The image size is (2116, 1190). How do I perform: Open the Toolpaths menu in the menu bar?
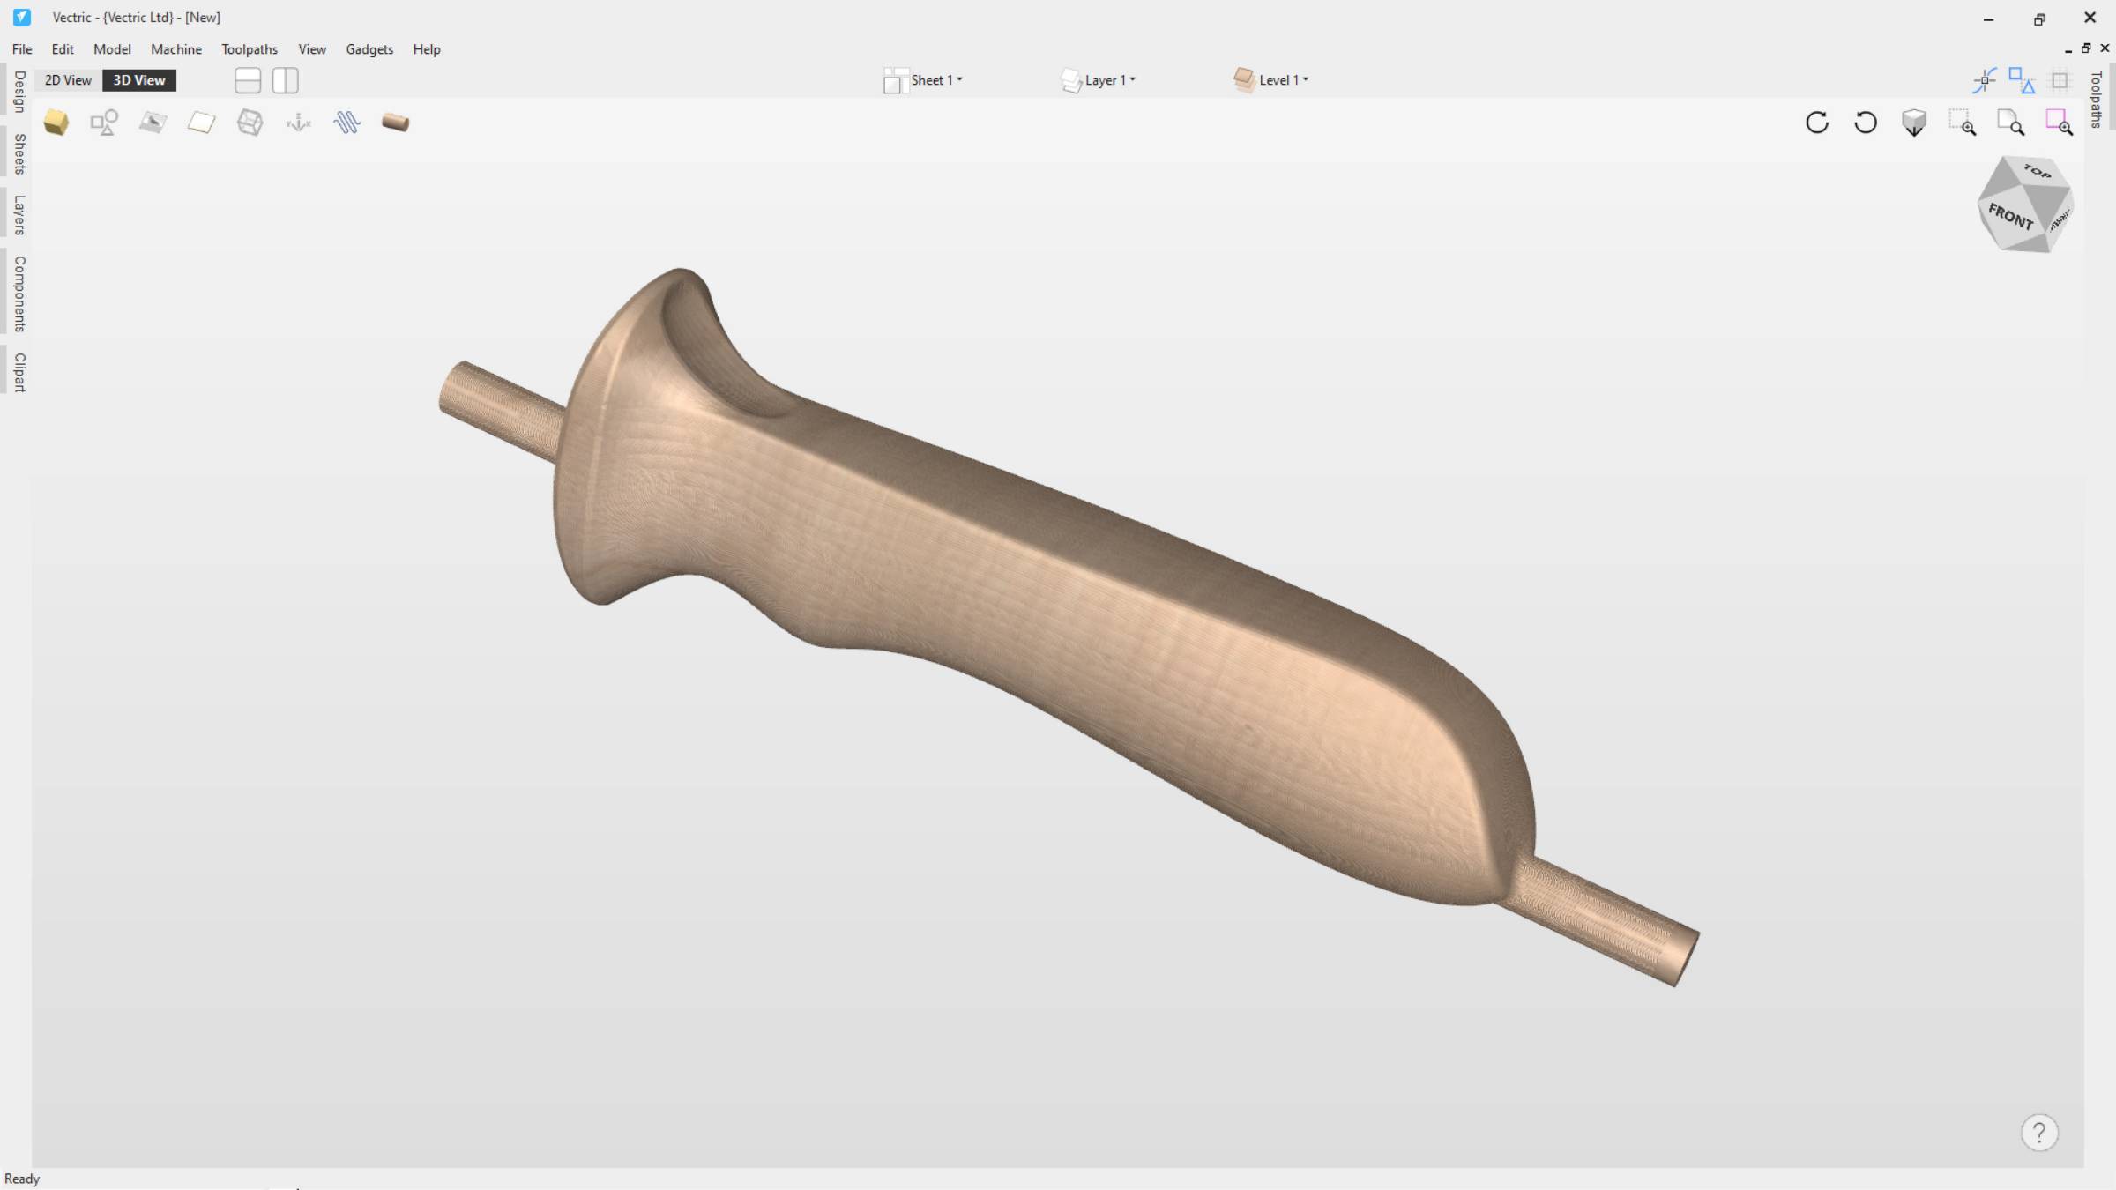(x=250, y=49)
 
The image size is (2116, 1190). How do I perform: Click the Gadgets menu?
(x=369, y=49)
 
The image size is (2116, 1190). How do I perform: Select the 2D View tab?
(x=68, y=80)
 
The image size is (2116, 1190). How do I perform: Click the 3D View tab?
(x=139, y=80)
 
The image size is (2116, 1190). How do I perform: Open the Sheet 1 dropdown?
(x=923, y=80)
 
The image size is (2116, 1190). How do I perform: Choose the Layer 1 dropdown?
(x=1099, y=80)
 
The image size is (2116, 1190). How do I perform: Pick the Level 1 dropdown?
(x=1271, y=80)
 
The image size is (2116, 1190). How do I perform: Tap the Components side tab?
(x=19, y=294)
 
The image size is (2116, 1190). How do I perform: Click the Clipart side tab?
(x=19, y=372)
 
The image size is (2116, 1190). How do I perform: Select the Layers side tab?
(x=19, y=214)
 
